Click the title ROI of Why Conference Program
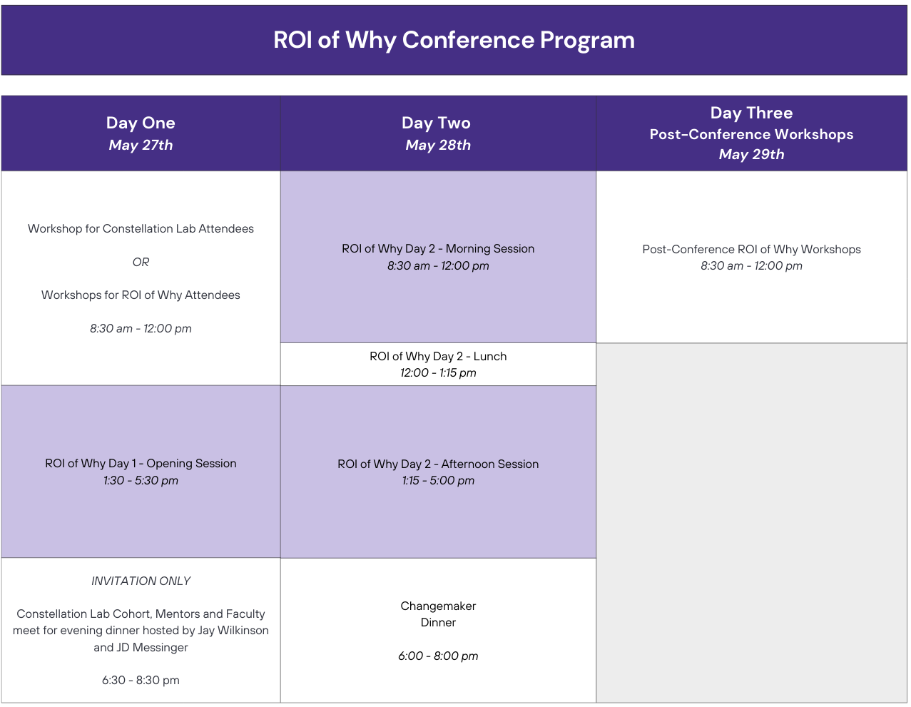click(x=454, y=40)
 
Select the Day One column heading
click(x=141, y=123)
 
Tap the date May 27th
click(x=141, y=145)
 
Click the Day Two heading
click(x=436, y=123)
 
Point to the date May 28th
click(x=438, y=145)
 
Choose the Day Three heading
click(x=751, y=113)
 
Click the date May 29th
click(x=751, y=154)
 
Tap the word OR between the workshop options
click(x=141, y=262)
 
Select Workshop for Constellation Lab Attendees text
click(x=141, y=228)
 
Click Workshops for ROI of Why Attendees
click(x=141, y=295)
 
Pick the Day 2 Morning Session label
click(x=438, y=248)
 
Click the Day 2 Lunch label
click(x=438, y=356)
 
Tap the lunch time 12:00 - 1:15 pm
click(x=438, y=372)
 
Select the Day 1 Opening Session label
click(x=141, y=463)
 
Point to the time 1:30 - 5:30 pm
click(x=141, y=480)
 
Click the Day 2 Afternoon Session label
click(x=438, y=464)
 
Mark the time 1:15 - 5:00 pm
click(x=438, y=480)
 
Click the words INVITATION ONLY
click(x=141, y=581)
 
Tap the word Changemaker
click(x=438, y=606)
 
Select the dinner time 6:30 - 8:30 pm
click(x=141, y=680)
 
